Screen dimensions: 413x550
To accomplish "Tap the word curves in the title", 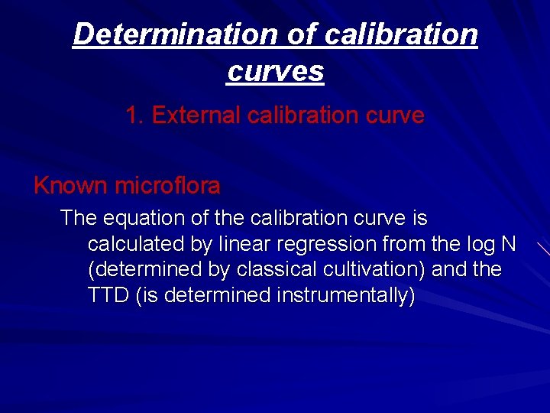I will (x=275, y=71).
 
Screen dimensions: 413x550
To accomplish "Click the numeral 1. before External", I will (x=135, y=115).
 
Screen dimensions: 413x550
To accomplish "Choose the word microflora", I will (x=167, y=185).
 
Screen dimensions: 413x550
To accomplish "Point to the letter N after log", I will (x=507, y=244).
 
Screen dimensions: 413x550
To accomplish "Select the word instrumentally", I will (x=348, y=296).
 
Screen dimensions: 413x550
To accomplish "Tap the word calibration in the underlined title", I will (x=401, y=34).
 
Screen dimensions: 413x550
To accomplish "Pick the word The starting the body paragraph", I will (x=78, y=218).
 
